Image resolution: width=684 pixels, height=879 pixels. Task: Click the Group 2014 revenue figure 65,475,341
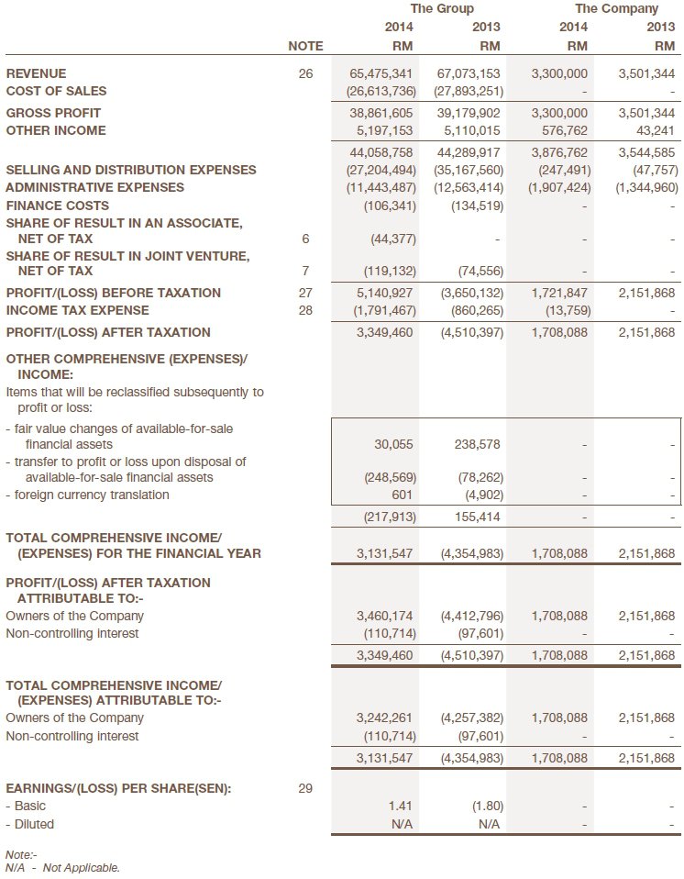point(381,73)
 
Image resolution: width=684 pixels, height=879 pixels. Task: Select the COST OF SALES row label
point(56,91)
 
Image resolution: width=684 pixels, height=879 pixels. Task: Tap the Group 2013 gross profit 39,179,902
point(469,113)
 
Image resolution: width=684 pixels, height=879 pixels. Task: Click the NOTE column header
point(305,46)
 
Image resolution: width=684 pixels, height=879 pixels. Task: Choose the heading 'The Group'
point(442,8)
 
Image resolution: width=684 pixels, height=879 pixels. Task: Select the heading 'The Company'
point(616,8)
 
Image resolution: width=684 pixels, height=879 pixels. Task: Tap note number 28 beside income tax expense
point(305,310)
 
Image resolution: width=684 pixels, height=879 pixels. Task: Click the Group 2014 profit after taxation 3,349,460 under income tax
point(384,332)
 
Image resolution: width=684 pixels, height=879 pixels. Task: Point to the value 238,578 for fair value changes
point(478,444)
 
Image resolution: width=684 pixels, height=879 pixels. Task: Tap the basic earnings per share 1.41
point(403,807)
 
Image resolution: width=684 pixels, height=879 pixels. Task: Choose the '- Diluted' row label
point(30,824)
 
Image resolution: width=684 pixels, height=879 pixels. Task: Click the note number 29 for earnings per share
point(305,788)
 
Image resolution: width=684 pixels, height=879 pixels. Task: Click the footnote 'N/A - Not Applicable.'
point(62,867)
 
